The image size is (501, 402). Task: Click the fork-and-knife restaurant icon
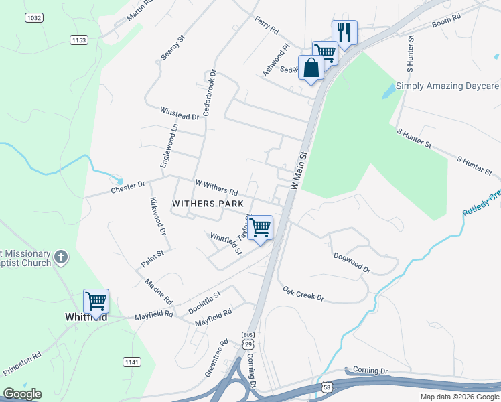(x=344, y=31)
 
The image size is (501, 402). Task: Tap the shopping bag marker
(x=311, y=68)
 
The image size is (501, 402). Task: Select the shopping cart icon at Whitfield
(x=96, y=301)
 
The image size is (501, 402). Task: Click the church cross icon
(x=61, y=257)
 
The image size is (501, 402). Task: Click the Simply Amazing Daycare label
(x=447, y=86)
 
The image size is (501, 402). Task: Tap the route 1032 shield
(x=33, y=18)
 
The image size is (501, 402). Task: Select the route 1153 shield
(x=78, y=40)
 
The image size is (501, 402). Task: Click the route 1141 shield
(x=132, y=362)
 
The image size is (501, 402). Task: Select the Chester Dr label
(x=128, y=188)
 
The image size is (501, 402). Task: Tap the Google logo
(x=22, y=394)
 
